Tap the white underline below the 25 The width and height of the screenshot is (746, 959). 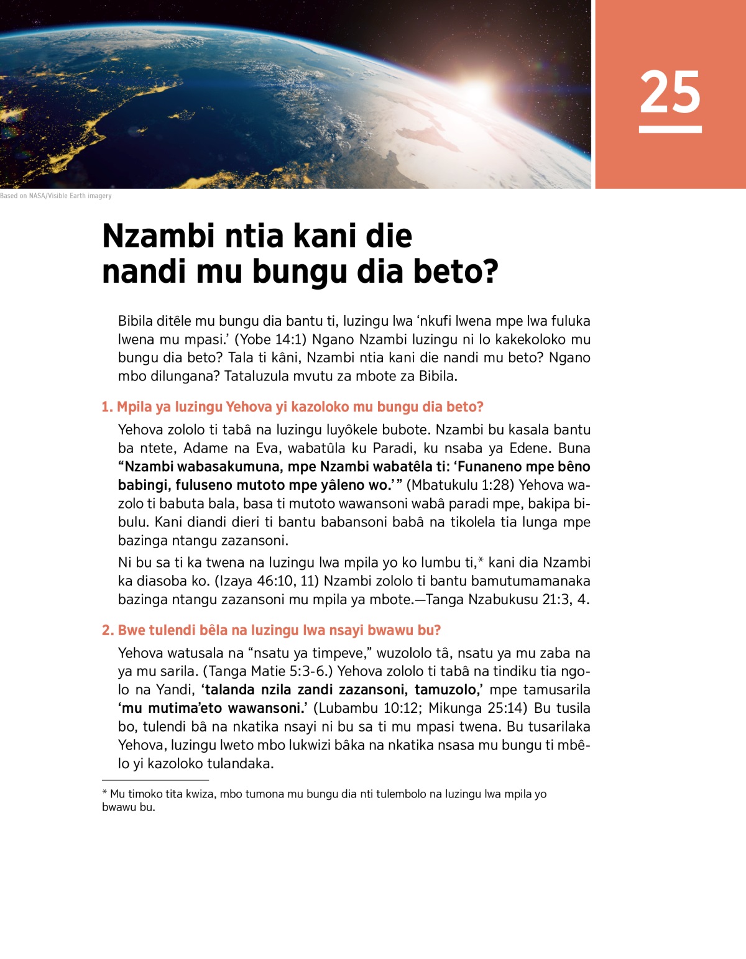(x=670, y=129)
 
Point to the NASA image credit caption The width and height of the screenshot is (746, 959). (x=56, y=196)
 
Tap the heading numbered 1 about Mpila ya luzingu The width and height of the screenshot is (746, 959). (x=292, y=407)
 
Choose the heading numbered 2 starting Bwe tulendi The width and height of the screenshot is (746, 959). (x=271, y=630)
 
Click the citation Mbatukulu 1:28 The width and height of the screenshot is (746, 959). (x=461, y=485)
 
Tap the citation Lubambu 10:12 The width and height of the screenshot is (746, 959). (x=369, y=708)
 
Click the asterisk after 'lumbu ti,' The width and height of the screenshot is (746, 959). (x=481, y=561)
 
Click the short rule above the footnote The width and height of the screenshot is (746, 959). (x=155, y=780)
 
